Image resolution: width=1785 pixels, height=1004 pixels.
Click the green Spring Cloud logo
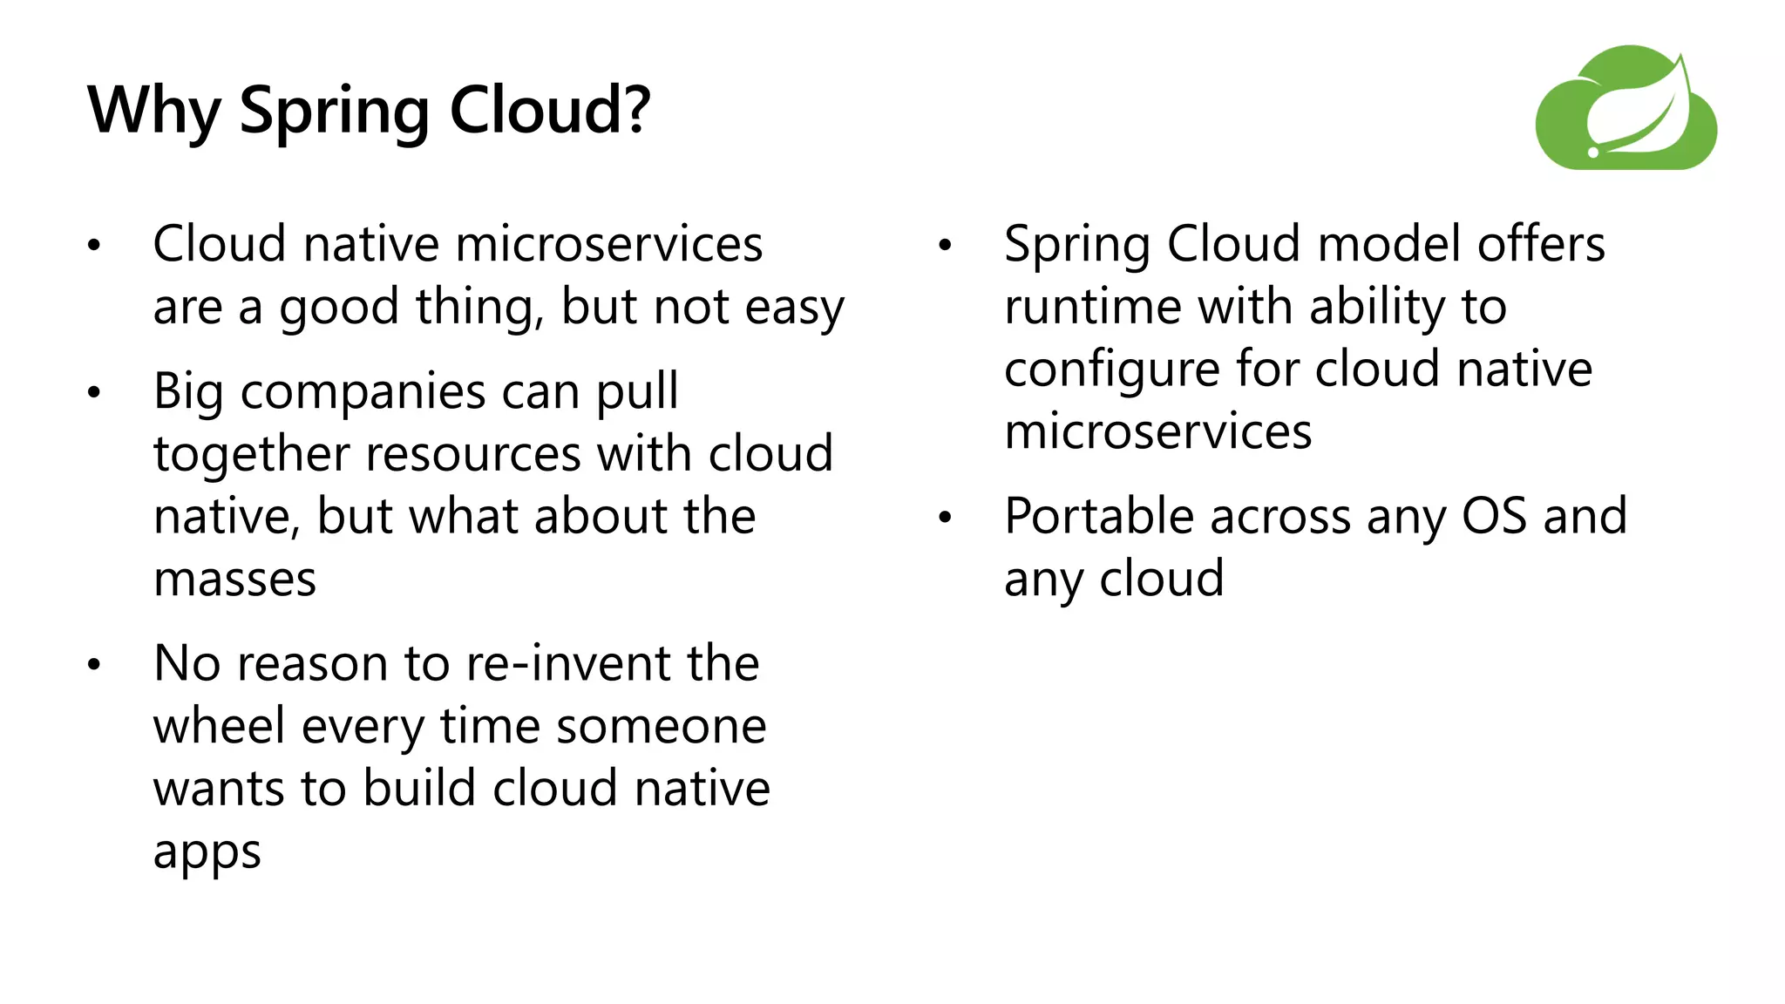1626,108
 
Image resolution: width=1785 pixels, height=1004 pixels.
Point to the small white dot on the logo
1593,153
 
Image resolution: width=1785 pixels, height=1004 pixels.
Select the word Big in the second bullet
189,392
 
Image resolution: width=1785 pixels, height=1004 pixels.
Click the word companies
363,392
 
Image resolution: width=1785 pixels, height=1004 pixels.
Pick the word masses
234,580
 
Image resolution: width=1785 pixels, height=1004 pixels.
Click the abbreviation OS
1494,516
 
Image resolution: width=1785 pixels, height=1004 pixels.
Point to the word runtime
1092,307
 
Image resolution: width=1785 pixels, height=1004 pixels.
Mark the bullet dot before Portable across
946,519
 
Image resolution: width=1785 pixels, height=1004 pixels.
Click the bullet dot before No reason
94,666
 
